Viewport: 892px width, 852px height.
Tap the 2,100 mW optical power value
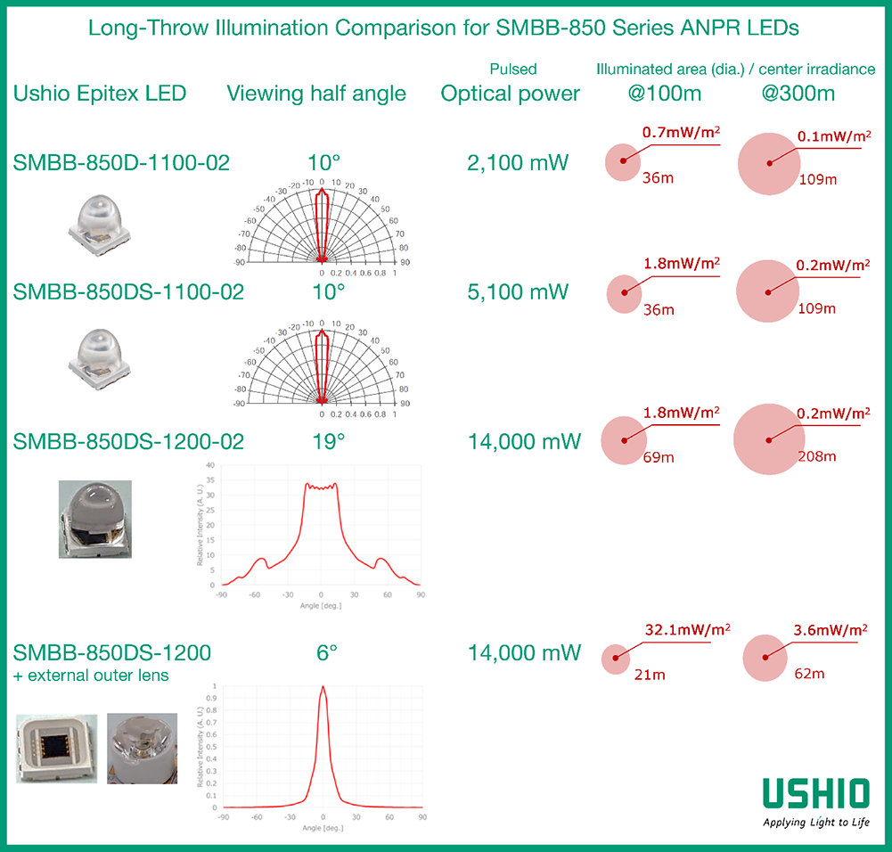click(x=511, y=163)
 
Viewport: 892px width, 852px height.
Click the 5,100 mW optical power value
click(x=511, y=292)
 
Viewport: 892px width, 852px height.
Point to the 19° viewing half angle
click(x=327, y=441)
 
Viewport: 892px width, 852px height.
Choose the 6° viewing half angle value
click(x=327, y=652)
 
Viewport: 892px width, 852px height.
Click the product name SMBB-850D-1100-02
click(x=121, y=163)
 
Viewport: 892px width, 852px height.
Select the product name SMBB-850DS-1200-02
click(x=128, y=441)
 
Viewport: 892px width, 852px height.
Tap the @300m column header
click(x=798, y=94)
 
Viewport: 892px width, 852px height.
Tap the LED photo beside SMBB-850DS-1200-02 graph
click(x=95, y=520)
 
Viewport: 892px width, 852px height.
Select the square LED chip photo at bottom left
click(x=57, y=747)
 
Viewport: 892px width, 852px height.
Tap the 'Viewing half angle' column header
click(x=316, y=94)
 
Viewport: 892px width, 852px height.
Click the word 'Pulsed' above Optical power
click(x=513, y=69)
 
